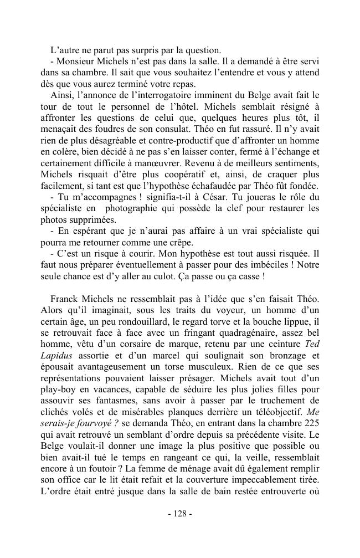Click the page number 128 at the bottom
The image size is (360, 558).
click(x=179, y=514)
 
